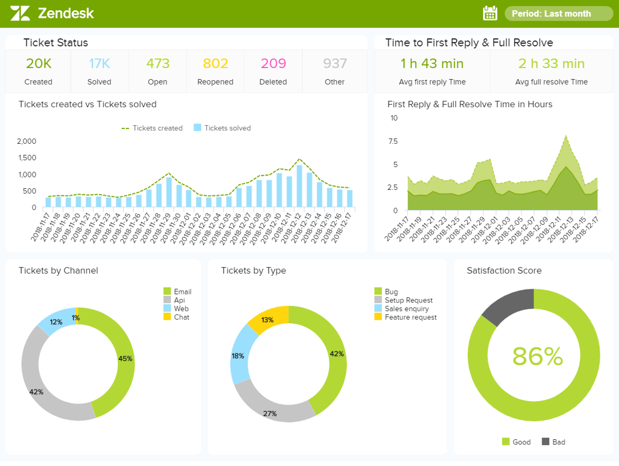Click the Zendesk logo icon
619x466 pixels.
20,13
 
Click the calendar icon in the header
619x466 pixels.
490,13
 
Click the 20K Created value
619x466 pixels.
39,63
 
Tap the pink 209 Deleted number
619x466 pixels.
273,63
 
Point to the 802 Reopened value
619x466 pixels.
215,63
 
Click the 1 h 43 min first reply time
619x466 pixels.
432,64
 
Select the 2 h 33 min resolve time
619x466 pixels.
551,64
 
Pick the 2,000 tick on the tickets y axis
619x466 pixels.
27,141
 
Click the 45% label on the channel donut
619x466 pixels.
125,358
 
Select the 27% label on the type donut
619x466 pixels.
270,413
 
